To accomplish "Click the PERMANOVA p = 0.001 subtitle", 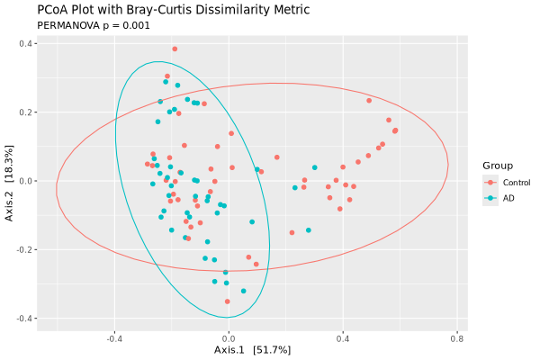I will coord(94,25).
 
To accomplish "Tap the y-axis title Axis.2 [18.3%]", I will coord(10,181).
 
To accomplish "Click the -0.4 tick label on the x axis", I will coord(114,339).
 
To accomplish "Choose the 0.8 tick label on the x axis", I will coord(457,339).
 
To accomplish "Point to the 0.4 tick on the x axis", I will coord(343,339).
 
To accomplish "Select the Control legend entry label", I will coord(517,183).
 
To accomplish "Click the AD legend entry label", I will coord(508,198).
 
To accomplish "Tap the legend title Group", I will coord(498,166).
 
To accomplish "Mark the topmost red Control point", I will coord(175,49).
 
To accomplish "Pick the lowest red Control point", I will coord(228,301).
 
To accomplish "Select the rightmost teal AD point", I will coord(315,167).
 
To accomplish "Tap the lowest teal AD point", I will coord(243,291).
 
